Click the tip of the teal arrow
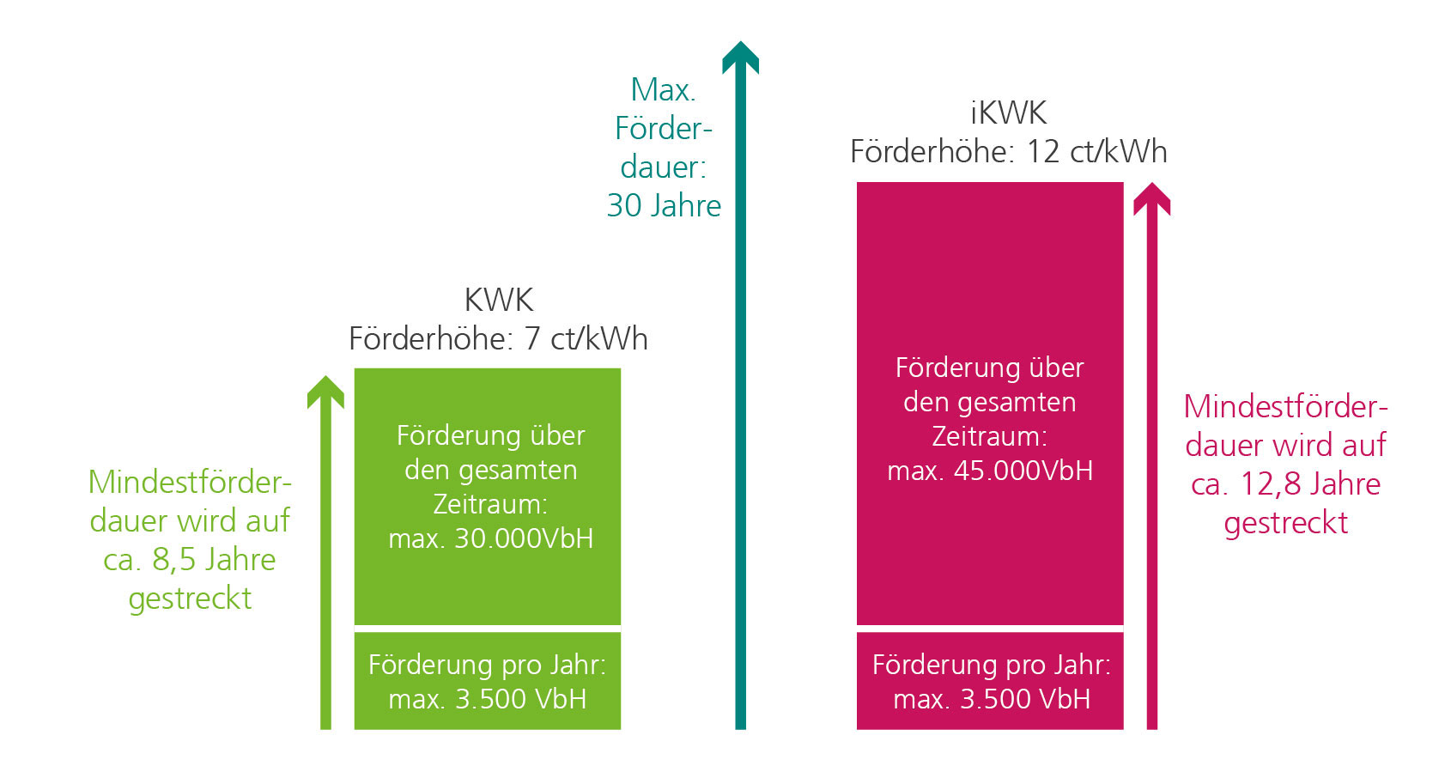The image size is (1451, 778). pos(740,41)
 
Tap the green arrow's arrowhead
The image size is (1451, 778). pos(325,392)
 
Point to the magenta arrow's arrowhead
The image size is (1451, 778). pos(1151,199)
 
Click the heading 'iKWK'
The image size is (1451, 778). pos(1008,113)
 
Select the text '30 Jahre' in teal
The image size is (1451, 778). pos(664,206)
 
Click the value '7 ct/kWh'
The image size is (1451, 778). pos(586,339)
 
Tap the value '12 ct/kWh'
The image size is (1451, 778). pos(1096,152)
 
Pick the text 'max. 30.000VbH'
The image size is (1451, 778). pos(491,539)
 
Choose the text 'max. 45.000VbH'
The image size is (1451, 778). pos(990,471)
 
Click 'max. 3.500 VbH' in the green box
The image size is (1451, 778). pos(488,700)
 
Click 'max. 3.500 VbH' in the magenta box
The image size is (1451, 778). pos(992,700)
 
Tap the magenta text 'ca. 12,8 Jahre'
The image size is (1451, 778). pos(1286,484)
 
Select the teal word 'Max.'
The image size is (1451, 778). pos(664,89)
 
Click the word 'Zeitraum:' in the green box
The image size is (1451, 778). pos(490,505)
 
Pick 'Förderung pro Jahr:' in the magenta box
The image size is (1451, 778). pos(992,666)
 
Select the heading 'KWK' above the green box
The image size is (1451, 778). pos(499,301)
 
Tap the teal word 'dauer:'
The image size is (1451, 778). pos(664,167)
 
